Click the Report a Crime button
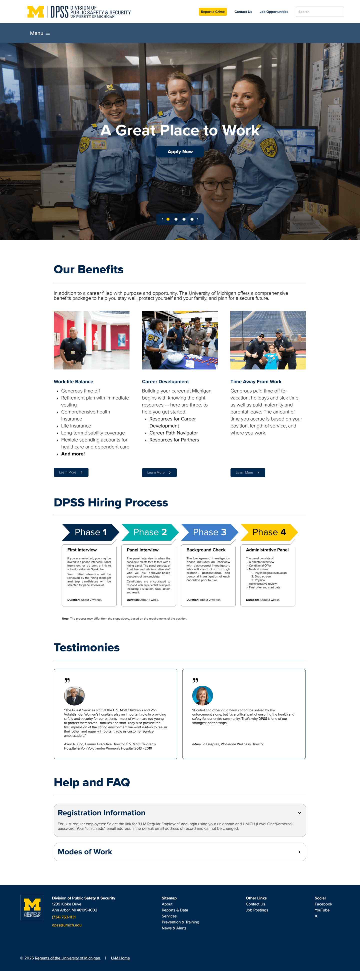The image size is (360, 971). coord(212,12)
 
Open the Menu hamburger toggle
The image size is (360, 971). coord(40,33)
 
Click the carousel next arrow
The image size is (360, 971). coord(197,219)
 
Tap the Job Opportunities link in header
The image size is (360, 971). coord(274,12)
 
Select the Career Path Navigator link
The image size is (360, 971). coord(173,433)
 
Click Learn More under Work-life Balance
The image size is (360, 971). coord(71,472)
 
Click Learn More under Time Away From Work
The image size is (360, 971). coord(248,473)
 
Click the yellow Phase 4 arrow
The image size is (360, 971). coord(269,532)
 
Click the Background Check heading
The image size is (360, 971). coord(206,550)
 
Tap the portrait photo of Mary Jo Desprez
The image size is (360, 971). coord(202,695)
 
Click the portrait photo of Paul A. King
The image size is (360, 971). coord(74,695)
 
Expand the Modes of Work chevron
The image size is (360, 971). coord(299,852)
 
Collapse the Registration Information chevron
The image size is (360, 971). coord(299,813)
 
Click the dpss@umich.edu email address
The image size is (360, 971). coord(67,925)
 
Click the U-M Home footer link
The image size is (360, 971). coord(120,958)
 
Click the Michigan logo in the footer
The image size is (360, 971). coord(32,908)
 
